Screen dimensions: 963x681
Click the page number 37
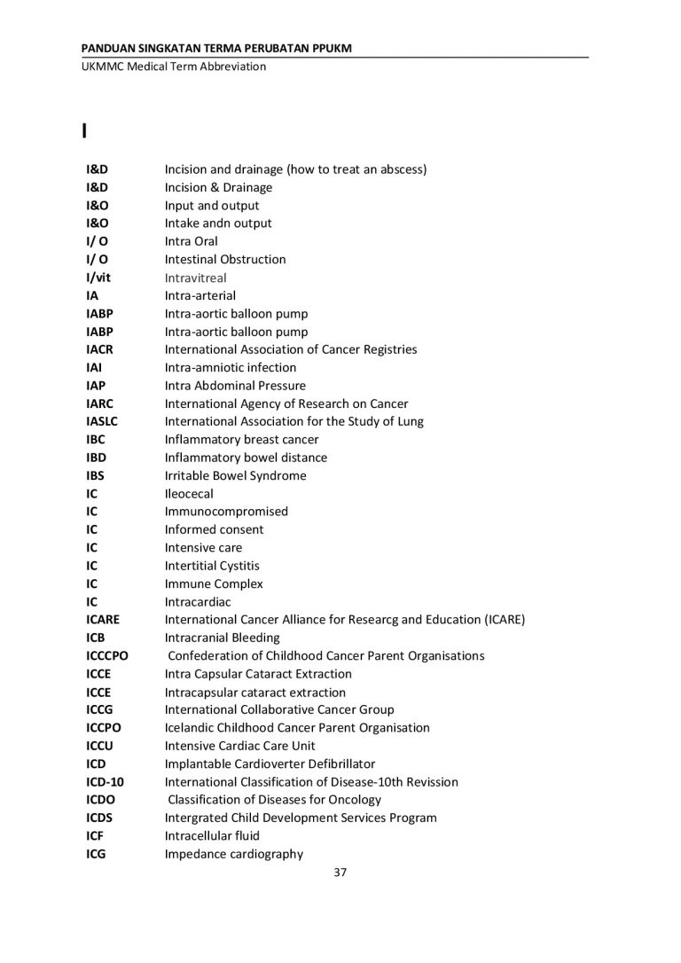(x=340, y=873)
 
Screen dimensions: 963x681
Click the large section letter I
(x=83, y=132)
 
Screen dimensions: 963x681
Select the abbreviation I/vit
(x=98, y=278)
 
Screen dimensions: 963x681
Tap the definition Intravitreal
(x=195, y=278)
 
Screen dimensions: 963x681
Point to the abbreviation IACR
(x=99, y=349)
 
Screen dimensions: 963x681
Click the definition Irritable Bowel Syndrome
(x=235, y=475)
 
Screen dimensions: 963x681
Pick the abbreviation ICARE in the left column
(x=103, y=620)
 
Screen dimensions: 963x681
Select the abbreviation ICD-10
(x=103, y=782)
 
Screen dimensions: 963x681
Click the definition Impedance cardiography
(x=233, y=854)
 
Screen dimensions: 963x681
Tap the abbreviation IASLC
(x=102, y=421)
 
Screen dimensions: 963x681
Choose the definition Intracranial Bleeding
(x=222, y=638)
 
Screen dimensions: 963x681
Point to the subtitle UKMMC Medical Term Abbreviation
(x=168, y=67)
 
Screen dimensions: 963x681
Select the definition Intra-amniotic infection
(x=231, y=367)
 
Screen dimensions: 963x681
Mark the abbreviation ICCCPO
(x=107, y=655)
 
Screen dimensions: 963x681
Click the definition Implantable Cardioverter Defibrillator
(x=270, y=763)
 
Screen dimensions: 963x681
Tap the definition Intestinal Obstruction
(x=225, y=259)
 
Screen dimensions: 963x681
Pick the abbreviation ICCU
(x=101, y=746)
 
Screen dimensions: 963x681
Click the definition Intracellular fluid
(x=212, y=835)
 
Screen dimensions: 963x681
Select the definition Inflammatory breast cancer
(x=241, y=439)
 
